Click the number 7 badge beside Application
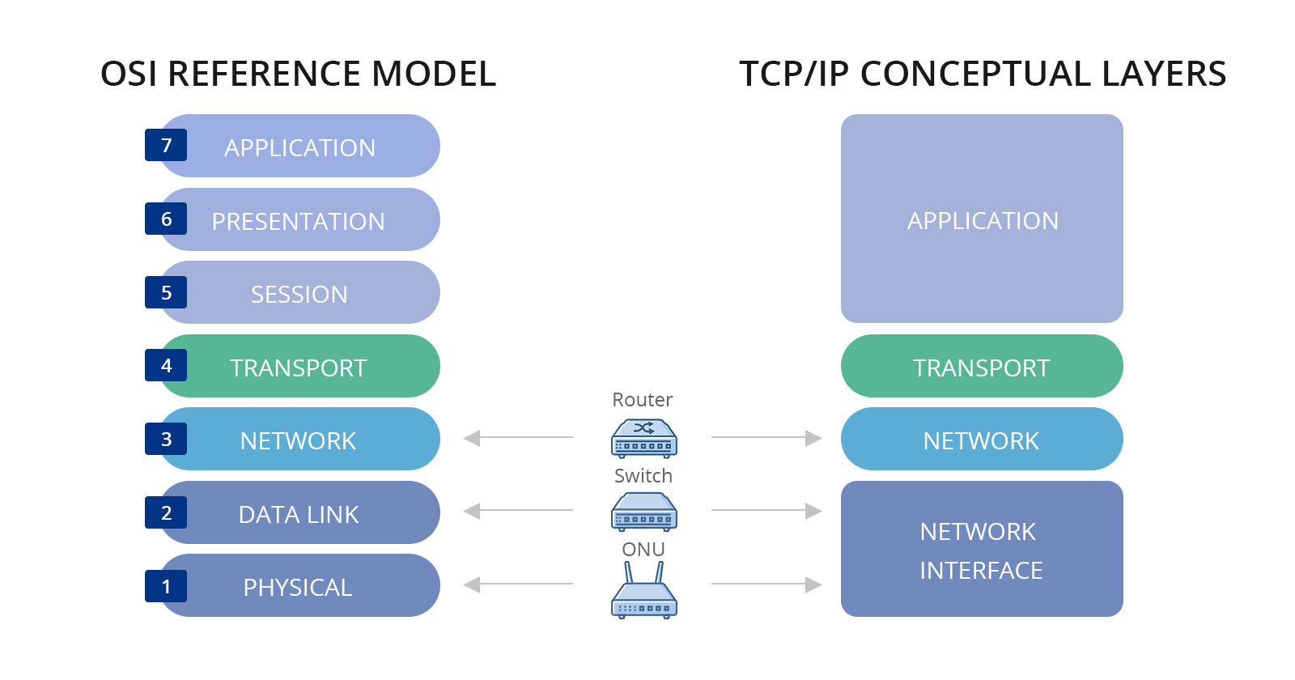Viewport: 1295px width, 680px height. click(x=166, y=146)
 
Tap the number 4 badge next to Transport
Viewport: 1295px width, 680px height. click(x=166, y=366)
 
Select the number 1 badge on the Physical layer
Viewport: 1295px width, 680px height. click(x=166, y=586)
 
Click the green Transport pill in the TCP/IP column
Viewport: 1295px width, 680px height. click(x=981, y=367)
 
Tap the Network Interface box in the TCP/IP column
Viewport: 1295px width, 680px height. click(x=981, y=550)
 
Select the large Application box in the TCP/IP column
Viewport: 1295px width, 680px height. click(x=981, y=219)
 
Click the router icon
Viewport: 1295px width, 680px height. click(x=643, y=438)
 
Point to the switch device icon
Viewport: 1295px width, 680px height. click(x=643, y=512)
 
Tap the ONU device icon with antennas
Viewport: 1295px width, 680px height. click(x=643, y=593)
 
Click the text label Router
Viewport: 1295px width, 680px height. click(x=642, y=400)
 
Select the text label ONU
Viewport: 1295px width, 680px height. click(x=643, y=550)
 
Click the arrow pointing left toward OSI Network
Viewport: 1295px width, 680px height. click(x=518, y=438)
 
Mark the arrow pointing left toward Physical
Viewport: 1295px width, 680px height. click(x=518, y=584)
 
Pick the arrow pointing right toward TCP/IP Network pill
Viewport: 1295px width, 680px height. click(x=766, y=438)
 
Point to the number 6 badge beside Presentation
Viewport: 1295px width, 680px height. click(x=166, y=219)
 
